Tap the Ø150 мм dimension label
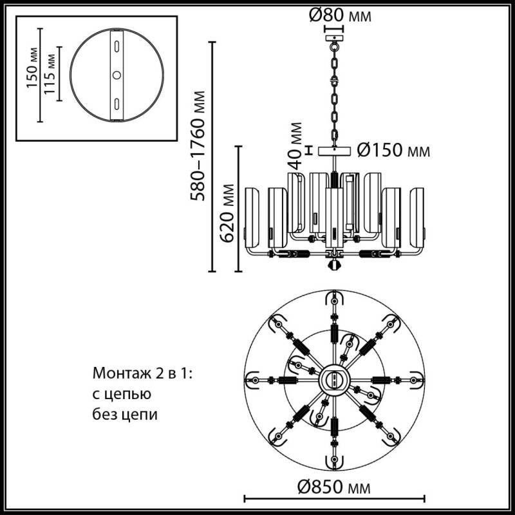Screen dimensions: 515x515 [x=393, y=151]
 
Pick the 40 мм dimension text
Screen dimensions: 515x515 [x=295, y=145]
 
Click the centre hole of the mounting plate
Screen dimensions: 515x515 [x=117, y=75]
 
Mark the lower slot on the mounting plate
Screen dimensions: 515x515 [x=117, y=103]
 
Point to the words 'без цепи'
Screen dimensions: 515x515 [x=125, y=415]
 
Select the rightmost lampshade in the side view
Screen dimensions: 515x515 [x=418, y=217]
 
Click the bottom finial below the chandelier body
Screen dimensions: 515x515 [x=334, y=265]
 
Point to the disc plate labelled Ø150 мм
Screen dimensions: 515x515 [x=334, y=150]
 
